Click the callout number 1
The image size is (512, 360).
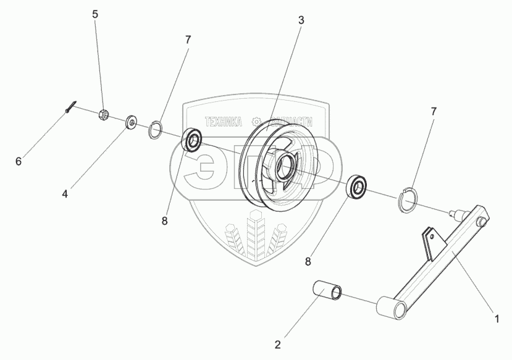click(495, 319)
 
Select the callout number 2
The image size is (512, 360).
click(277, 344)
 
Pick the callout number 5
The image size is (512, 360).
click(95, 14)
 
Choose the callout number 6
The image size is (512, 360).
click(19, 161)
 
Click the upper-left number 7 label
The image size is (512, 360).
click(188, 40)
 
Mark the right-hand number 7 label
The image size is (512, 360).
click(434, 111)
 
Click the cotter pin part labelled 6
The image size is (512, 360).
click(70, 106)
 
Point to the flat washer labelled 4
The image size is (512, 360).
click(132, 122)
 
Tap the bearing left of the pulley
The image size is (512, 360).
click(192, 140)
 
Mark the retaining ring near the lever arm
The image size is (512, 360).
click(408, 201)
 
